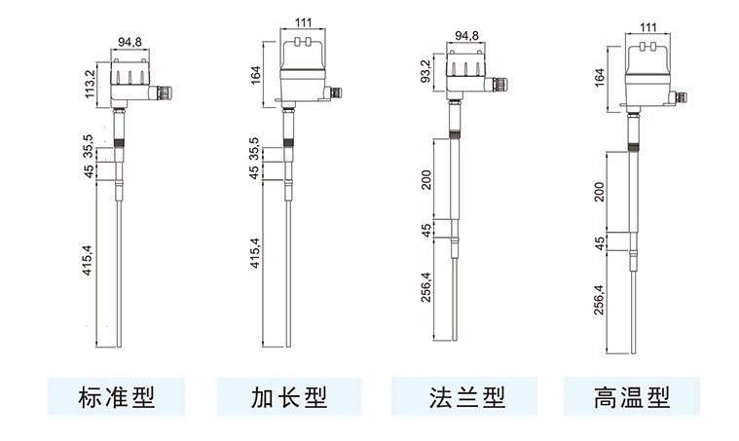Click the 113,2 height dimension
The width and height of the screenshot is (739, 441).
tap(90, 84)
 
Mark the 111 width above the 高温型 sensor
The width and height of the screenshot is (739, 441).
tap(647, 28)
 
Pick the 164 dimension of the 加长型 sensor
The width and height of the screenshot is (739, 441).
tap(256, 75)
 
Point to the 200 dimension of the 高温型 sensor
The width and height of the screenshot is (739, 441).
tap(600, 190)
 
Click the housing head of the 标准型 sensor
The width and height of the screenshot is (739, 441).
tap(129, 78)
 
